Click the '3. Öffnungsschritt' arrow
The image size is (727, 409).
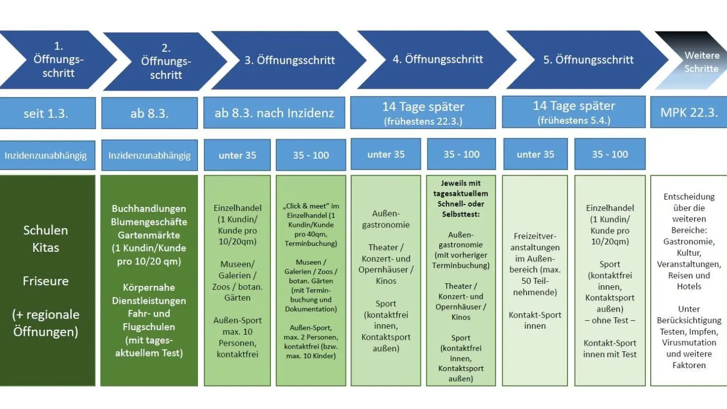289,60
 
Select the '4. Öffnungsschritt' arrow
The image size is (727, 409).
436,60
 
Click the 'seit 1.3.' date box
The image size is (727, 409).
47,113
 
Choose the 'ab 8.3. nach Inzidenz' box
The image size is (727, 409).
274,113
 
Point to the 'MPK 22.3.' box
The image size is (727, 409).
689,112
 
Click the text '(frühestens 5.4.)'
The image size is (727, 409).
574,120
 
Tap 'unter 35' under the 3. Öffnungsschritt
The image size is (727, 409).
237,155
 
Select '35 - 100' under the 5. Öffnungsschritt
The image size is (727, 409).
610,154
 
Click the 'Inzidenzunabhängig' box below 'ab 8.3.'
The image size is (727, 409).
149,155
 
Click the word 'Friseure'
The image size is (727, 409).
46,281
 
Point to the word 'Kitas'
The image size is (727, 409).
46,247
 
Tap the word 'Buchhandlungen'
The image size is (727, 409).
149,208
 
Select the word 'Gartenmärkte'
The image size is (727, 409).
149,235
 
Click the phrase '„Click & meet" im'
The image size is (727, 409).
311,206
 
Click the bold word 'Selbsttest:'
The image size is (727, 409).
461,214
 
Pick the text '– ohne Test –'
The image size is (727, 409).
610,320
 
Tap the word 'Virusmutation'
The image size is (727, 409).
689,343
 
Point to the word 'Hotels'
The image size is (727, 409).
689,286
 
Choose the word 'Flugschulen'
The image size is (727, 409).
149,327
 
